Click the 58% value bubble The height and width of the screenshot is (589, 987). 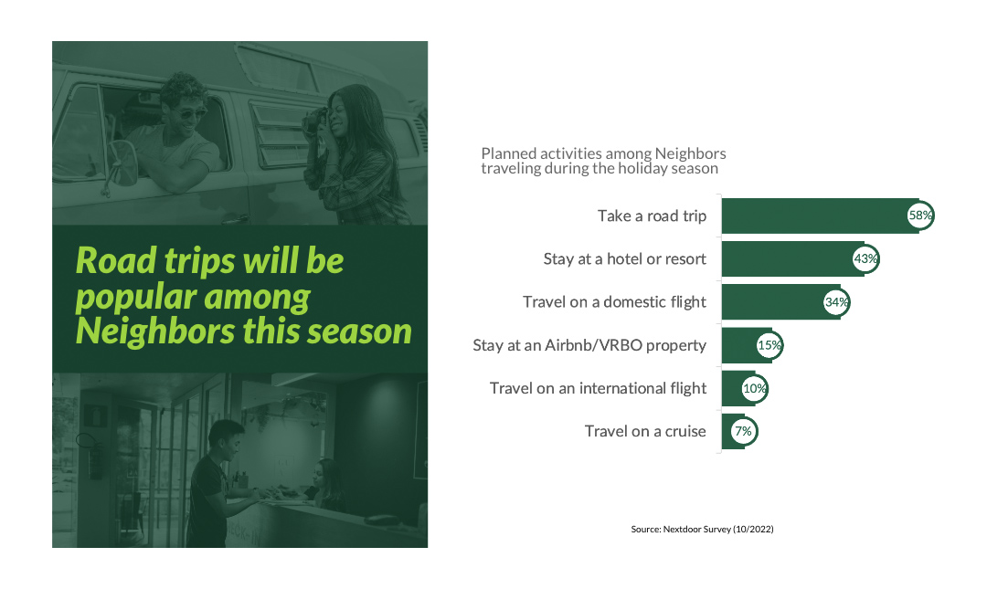(x=919, y=216)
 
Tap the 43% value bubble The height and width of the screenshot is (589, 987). (x=865, y=258)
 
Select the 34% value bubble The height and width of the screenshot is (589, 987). (x=836, y=302)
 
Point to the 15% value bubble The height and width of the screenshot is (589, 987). (x=769, y=345)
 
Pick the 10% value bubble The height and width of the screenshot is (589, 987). (x=755, y=388)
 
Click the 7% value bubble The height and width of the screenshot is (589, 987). (x=743, y=431)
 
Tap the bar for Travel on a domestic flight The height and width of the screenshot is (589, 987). (x=780, y=302)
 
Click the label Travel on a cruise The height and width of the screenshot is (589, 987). (x=645, y=431)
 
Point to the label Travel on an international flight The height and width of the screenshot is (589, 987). (x=598, y=388)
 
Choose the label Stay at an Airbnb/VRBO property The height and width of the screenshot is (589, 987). (x=589, y=345)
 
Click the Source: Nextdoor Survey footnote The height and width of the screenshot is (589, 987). (x=703, y=530)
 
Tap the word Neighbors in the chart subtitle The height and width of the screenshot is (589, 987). (x=691, y=153)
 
